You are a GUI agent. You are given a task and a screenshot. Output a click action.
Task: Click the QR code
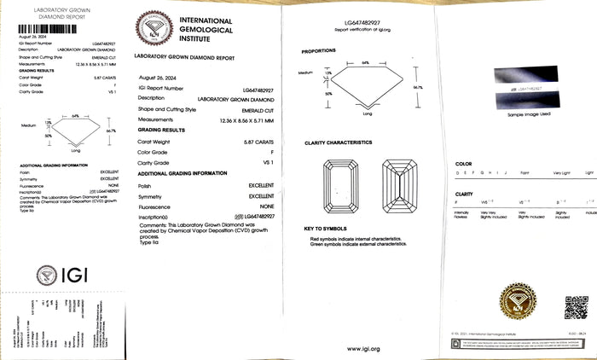click(x=576, y=307)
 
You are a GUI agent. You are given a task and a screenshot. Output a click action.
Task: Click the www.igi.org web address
click(x=363, y=348)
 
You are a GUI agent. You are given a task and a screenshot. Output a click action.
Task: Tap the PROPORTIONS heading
click(x=319, y=51)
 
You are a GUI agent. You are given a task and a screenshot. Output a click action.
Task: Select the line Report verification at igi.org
click(x=362, y=29)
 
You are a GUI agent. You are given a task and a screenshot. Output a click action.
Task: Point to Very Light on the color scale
click(x=561, y=172)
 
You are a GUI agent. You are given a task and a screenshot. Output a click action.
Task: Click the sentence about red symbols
click(x=358, y=240)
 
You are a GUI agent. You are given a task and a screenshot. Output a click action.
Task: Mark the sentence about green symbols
click(x=359, y=245)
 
